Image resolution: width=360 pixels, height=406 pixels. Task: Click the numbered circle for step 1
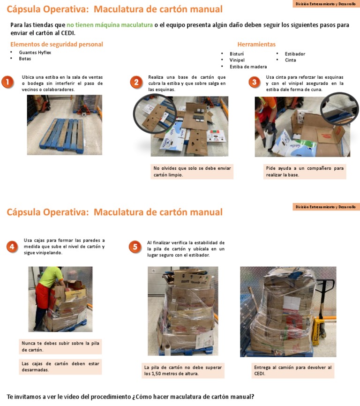click(x=7, y=83)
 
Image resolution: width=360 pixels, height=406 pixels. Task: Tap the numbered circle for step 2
click(x=136, y=83)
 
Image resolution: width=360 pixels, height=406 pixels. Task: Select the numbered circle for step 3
click(x=254, y=83)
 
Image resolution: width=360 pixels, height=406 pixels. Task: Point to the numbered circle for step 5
click(x=135, y=247)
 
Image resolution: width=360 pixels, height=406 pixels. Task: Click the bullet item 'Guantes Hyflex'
click(x=35, y=53)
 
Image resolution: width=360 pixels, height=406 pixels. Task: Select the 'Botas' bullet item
click(x=25, y=59)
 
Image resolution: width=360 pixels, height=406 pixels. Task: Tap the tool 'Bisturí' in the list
click(x=236, y=54)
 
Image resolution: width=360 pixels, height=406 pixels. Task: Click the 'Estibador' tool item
click(x=295, y=54)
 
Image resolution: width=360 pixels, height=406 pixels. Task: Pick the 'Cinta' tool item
click(x=290, y=60)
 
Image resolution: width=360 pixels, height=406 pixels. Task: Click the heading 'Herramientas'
click(x=256, y=45)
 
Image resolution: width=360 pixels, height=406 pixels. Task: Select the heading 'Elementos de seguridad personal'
click(x=56, y=45)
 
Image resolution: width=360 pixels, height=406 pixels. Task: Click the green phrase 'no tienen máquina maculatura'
click(x=109, y=25)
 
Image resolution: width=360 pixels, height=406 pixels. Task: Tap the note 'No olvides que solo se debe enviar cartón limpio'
click(x=192, y=171)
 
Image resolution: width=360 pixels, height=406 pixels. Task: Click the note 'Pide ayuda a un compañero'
click(x=305, y=171)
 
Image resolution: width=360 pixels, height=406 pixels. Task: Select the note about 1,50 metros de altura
click(x=183, y=370)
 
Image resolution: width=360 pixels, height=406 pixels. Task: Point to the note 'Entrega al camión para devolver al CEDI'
click(x=292, y=370)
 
